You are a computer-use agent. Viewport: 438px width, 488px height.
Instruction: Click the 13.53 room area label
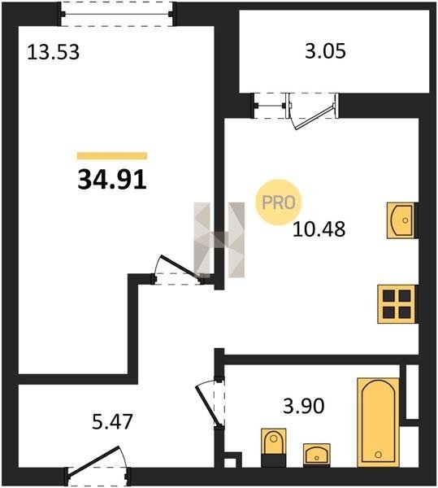click(53, 52)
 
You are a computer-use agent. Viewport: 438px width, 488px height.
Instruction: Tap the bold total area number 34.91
click(112, 180)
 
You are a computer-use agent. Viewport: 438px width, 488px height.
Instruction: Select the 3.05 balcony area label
click(325, 51)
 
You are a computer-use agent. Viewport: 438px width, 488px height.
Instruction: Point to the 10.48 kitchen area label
click(319, 229)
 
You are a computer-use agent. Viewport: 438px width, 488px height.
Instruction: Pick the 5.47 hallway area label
click(112, 421)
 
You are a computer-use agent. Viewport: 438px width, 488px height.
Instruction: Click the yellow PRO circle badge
click(279, 203)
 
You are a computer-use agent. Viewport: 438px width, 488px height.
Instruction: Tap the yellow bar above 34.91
click(112, 155)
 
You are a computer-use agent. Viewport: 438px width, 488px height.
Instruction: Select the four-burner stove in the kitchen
click(397, 304)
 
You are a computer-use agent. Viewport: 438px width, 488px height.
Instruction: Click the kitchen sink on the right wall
click(401, 220)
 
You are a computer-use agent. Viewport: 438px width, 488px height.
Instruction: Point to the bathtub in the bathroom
click(379, 422)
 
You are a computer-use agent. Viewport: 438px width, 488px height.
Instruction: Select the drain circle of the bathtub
click(379, 455)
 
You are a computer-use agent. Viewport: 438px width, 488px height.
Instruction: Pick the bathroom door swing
click(210, 404)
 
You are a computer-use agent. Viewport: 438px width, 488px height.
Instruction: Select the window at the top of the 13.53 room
click(116, 14)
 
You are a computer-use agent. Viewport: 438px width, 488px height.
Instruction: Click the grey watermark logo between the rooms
click(219, 240)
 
